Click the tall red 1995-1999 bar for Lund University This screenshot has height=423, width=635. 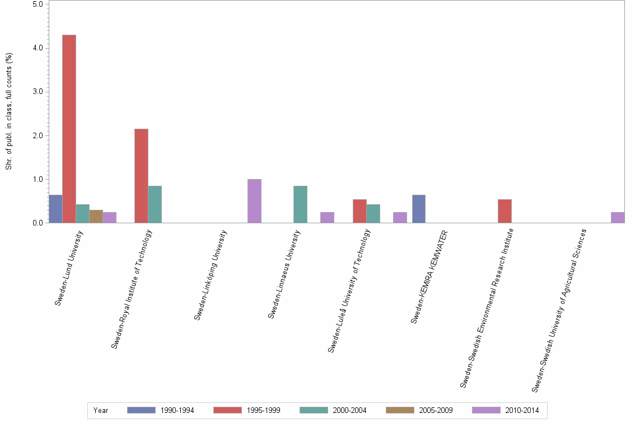click(x=69, y=129)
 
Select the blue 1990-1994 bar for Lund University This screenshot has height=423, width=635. click(x=55, y=209)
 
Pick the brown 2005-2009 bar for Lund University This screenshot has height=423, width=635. click(x=96, y=217)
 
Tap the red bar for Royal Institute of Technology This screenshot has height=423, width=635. click(x=141, y=176)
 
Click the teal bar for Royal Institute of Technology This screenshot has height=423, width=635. click(x=155, y=204)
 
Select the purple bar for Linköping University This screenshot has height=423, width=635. click(x=254, y=201)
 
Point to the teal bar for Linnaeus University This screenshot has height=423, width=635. click(x=300, y=204)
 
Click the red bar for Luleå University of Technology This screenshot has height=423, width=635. click(x=359, y=211)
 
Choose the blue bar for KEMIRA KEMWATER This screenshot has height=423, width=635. click(x=419, y=209)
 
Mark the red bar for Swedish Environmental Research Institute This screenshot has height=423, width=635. click(x=505, y=211)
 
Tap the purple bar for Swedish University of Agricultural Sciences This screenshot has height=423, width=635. click(x=618, y=218)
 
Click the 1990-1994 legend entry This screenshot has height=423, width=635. click(x=161, y=410)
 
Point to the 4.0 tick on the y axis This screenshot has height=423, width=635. click(x=39, y=48)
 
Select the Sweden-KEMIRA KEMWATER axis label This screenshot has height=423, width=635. click(x=429, y=276)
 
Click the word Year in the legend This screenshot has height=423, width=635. click(x=101, y=411)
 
